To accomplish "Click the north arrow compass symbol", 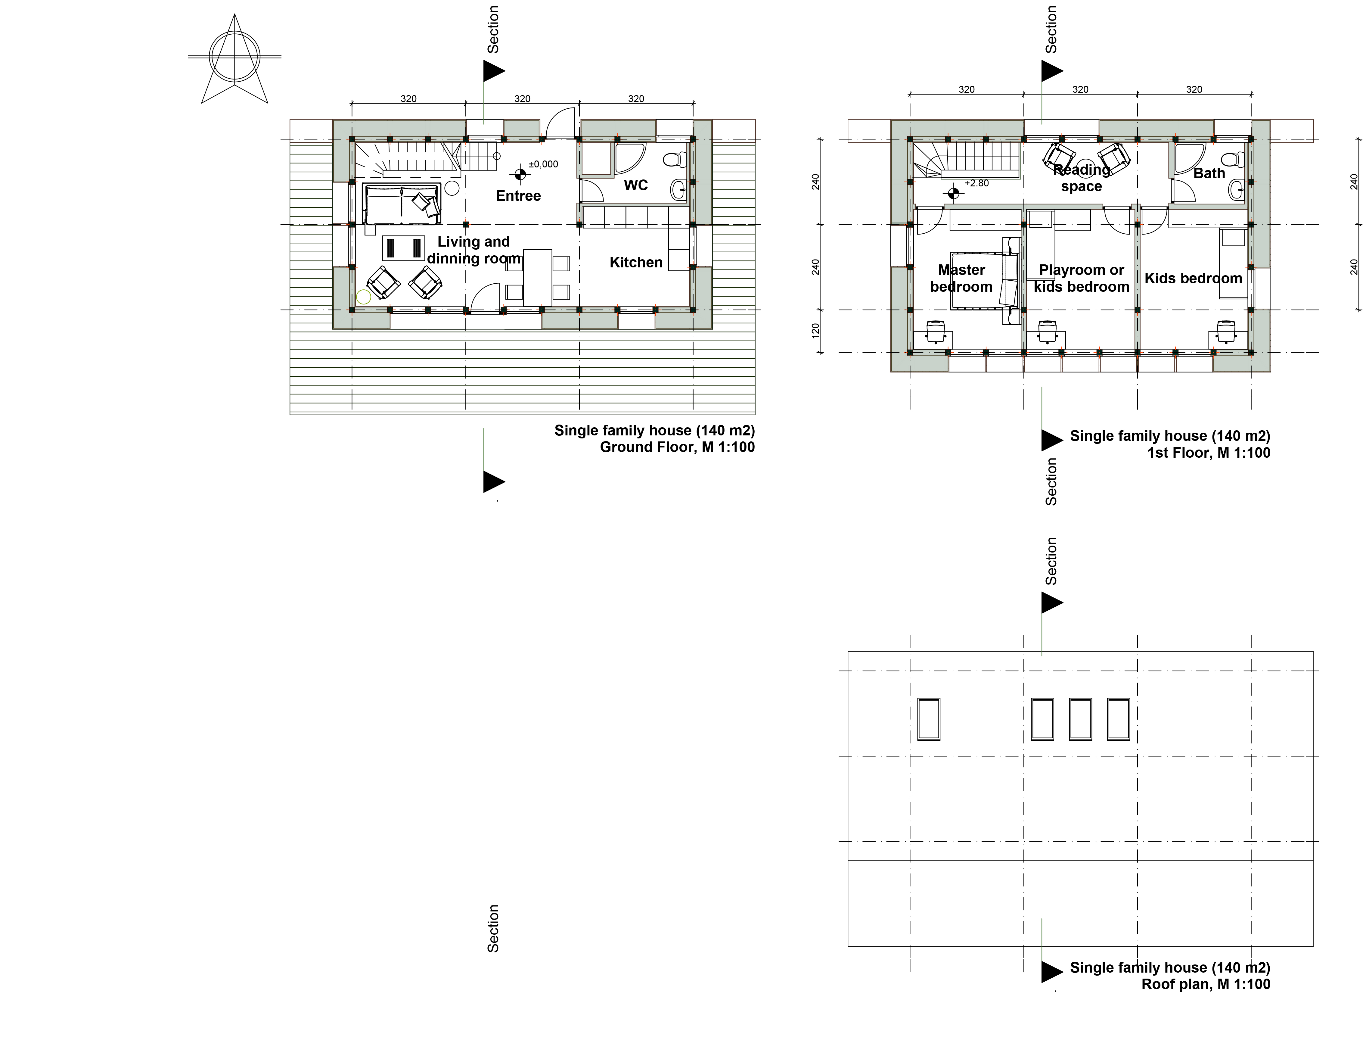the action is [x=234, y=58].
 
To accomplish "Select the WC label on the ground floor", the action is [x=636, y=185].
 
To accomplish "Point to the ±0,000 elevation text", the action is [x=543, y=164].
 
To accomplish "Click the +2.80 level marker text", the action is [x=976, y=183].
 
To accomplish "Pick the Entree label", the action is [x=519, y=196].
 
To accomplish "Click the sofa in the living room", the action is [x=402, y=204].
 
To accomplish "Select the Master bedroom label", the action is [x=961, y=279].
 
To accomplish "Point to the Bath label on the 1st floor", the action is [x=1209, y=173].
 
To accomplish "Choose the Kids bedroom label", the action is [x=1194, y=279].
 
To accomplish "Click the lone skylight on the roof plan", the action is [x=929, y=719].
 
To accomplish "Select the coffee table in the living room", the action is [x=403, y=248].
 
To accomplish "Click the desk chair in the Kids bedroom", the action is [x=1227, y=332].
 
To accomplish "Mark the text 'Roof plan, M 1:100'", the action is [x=1206, y=984].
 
